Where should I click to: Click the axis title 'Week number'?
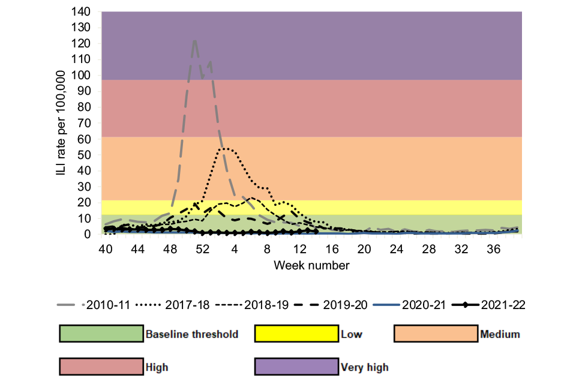(311, 265)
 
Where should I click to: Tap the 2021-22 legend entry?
(487, 305)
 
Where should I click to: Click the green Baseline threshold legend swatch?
(100, 334)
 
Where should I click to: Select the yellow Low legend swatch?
(296, 334)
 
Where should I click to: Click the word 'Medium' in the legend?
(500, 334)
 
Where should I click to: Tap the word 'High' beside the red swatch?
(157, 367)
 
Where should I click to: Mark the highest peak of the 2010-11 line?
(195, 40)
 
